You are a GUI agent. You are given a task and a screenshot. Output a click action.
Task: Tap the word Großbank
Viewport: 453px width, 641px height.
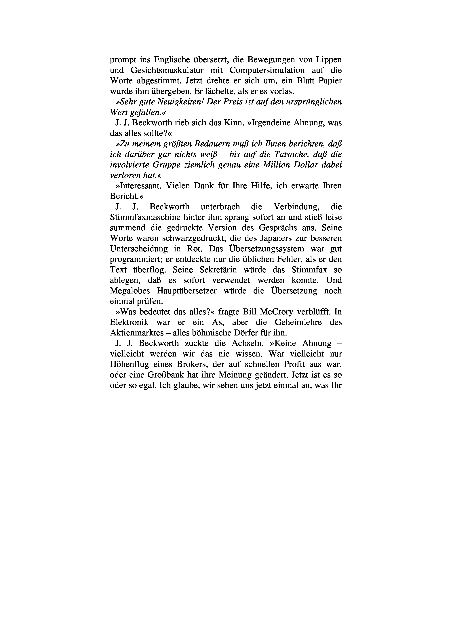162,375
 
